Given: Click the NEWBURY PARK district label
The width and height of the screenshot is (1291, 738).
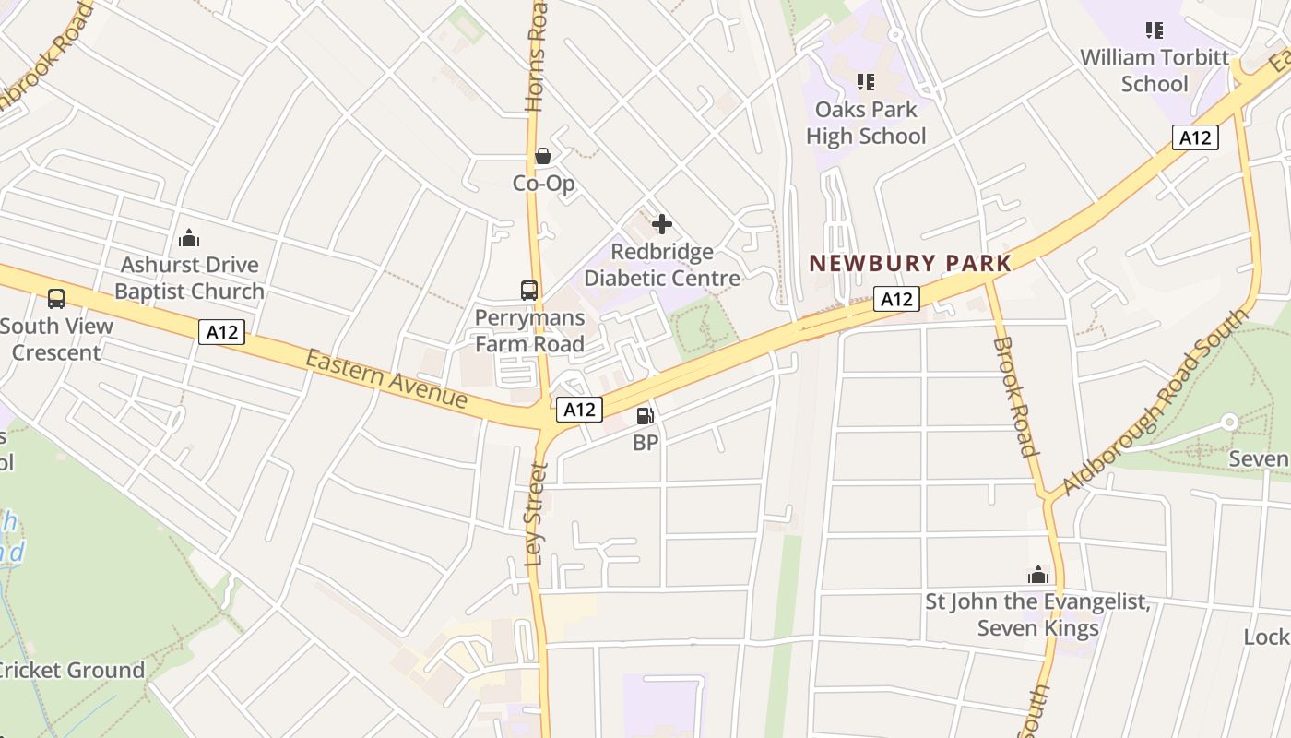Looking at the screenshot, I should [x=910, y=263].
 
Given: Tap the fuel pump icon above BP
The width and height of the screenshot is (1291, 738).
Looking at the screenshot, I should [x=645, y=416].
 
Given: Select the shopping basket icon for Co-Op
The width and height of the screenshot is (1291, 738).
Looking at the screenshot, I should [x=543, y=156].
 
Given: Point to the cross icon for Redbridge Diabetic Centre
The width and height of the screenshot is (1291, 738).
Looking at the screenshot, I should [x=661, y=224].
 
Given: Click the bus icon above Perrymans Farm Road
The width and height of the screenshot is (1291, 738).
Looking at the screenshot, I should [x=529, y=291].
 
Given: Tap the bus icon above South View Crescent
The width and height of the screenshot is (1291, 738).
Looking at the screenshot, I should [x=56, y=299].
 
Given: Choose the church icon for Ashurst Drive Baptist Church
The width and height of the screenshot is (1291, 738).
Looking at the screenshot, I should [x=189, y=238].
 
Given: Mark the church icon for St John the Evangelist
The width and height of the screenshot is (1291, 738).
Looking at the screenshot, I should [x=1038, y=576].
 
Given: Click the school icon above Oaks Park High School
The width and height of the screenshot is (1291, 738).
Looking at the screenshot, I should [x=865, y=82].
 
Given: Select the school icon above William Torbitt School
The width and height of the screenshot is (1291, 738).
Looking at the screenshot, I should [x=1154, y=30].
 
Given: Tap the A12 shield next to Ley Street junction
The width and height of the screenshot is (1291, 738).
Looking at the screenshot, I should [x=579, y=409].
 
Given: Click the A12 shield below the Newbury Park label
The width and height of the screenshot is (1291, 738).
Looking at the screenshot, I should [x=896, y=299].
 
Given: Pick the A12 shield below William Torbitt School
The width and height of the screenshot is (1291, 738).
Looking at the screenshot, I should [x=1195, y=137].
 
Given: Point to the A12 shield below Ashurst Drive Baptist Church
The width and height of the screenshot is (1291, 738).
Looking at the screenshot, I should [x=221, y=332].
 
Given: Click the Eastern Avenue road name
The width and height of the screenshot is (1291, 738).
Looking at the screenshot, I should [x=386, y=378].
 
